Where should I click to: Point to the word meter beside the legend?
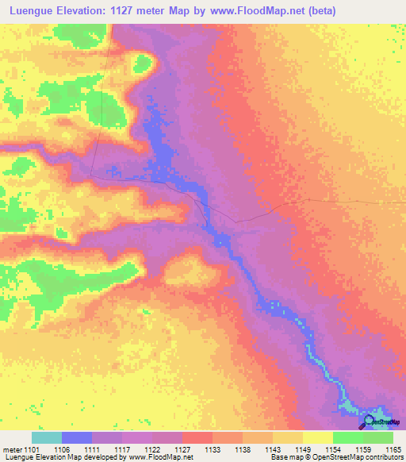point(13,449)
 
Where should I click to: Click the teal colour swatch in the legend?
point(47,437)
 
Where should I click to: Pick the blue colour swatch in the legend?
point(77,437)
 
